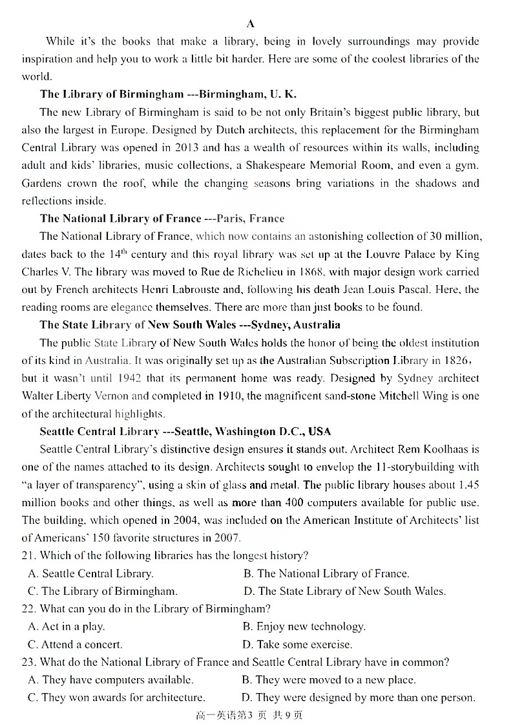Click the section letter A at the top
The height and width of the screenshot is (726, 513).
[x=251, y=24]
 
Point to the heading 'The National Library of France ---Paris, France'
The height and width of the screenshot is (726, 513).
[x=162, y=218]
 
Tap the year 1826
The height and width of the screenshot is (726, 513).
[x=455, y=360]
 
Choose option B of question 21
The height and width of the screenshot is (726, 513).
[x=326, y=573]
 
